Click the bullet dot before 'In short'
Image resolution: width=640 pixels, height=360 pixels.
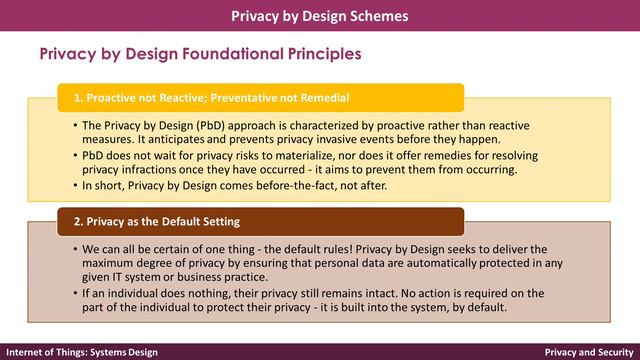(75, 185)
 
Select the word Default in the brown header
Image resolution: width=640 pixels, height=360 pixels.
(187, 221)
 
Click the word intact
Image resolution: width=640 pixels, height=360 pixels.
(362, 293)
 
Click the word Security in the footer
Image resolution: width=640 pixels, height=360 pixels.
(612, 352)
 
